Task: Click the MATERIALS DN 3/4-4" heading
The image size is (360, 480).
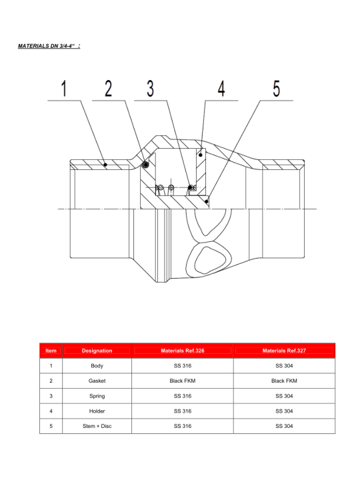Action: pyautogui.click(x=49, y=46)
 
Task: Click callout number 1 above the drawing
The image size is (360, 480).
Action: pyautogui.click(x=64, y=89)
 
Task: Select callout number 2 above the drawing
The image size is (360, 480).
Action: pyautogui.click(x=109, y=89)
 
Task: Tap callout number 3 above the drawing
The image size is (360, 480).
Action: pyautogui.click(x=150, y=89)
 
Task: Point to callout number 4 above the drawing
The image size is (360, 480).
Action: pyautogui.click(x=221, y=89)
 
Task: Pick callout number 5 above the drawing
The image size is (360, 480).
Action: pyautogui.click(x=277, y=89)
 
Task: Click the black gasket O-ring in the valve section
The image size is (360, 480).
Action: pyautogui.click(x=146, y=165)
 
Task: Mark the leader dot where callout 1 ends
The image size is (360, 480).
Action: pyautogui.click(x=105, y=165)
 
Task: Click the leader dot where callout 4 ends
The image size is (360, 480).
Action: pyautogui.click(x=201, y=155)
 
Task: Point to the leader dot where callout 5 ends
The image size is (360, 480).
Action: pyautogui.click(x=207, y=201)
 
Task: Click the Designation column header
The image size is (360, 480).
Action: pyautogui.click(x=97, y=351)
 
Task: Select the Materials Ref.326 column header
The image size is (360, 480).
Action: pyautogui.click(x=183, y=351)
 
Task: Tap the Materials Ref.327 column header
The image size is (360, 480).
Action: pyautogui.click(x=284, y=351)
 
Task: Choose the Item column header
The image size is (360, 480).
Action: pyautogui.click(x=51, y=351)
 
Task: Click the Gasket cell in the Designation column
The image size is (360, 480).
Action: pyautogui.click(x=97, y=381)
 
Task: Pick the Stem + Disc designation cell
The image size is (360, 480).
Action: pyautogui.click(x=97, y=426)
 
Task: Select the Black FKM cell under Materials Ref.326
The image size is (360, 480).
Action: pyautogui.click(x=183, y=381)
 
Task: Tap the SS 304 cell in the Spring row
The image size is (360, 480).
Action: pyautogui.click(x=284, y=396)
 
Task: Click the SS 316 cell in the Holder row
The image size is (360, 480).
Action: pyautogui.click(x=183, y=411)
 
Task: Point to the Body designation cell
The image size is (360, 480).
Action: pyautogui.click(x=97, y=366)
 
